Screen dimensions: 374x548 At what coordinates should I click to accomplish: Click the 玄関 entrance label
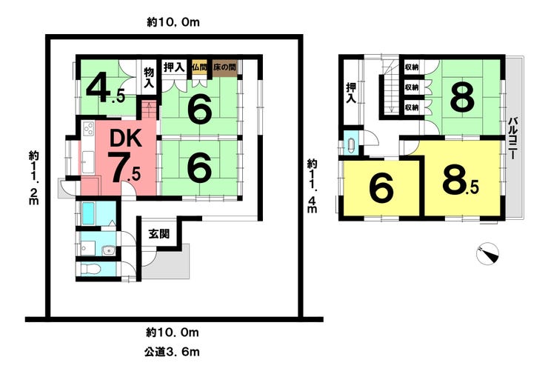(x=158, y=233)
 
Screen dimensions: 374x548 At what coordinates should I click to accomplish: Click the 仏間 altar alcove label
(x=198, y=67)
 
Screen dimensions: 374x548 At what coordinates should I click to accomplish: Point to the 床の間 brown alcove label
(x=224, y=67)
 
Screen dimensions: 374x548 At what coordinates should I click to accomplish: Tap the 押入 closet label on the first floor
(x=175, y=67)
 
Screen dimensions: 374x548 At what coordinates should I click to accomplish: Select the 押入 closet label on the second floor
(x=352, y=92)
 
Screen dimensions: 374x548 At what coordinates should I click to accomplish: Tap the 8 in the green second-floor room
(x=461, y=97)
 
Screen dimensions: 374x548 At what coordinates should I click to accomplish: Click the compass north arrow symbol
(x=488, y=254)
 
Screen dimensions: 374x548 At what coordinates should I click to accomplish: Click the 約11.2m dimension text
(x=34, y=178)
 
